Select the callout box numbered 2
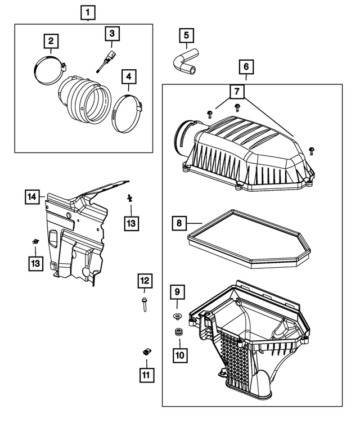tap(51, 41)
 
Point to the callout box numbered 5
tap(186, 35)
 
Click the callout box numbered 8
tap(179, 223)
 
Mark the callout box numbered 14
tap(33, 196)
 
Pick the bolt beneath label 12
tap(143, 305)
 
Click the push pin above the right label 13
tap(129, 197)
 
